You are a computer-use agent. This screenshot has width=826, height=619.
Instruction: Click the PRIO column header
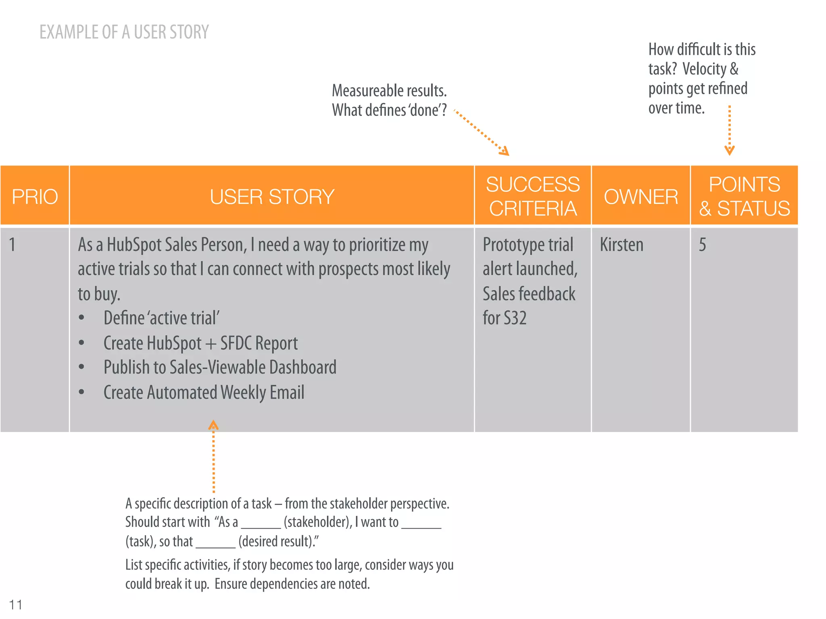35,197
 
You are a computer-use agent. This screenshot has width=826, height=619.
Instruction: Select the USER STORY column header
272,197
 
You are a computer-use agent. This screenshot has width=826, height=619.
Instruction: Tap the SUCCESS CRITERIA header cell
532,196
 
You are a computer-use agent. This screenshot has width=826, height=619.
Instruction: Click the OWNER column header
640,197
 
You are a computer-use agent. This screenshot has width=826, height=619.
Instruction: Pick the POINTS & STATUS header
744,196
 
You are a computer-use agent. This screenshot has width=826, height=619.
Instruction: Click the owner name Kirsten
622,245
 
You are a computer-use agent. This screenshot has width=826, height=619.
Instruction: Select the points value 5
702,245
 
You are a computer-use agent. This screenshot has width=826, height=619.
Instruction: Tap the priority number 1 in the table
13,245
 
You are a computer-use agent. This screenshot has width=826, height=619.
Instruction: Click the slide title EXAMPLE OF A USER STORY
124,32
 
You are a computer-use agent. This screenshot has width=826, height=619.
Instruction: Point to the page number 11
16,604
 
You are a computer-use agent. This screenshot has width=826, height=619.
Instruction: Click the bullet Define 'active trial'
161,318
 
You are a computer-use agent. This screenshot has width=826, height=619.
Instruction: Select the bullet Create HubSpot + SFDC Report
200,343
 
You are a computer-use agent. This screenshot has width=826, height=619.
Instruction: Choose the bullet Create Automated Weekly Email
204,393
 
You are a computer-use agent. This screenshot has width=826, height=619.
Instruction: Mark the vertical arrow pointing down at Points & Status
729,131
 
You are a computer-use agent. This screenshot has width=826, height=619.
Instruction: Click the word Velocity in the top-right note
704,69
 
